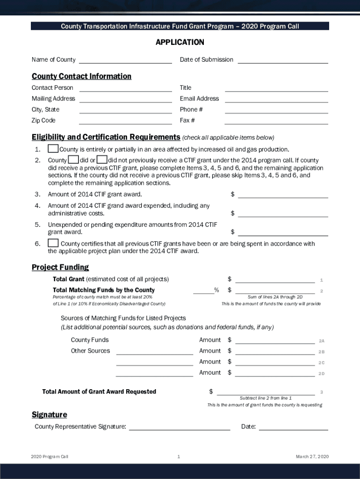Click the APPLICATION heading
(180, 43)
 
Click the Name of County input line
(125, 60)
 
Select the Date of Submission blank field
(283, 60)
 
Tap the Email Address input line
(276, 99)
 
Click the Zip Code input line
(125, 121)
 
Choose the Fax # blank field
(276, 121)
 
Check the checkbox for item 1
(53, 149)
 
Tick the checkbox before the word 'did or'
(73, 160)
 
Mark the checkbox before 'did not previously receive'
(101, 160)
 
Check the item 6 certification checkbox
(53, 243)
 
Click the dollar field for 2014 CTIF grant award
(283, 195)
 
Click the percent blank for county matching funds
(203, 290)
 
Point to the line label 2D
(322, 373)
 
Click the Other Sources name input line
(154, 351)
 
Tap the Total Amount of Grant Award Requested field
(265, 392)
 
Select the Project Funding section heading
(60, 267)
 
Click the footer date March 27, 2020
(312, 457)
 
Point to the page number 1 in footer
(179, 457)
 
